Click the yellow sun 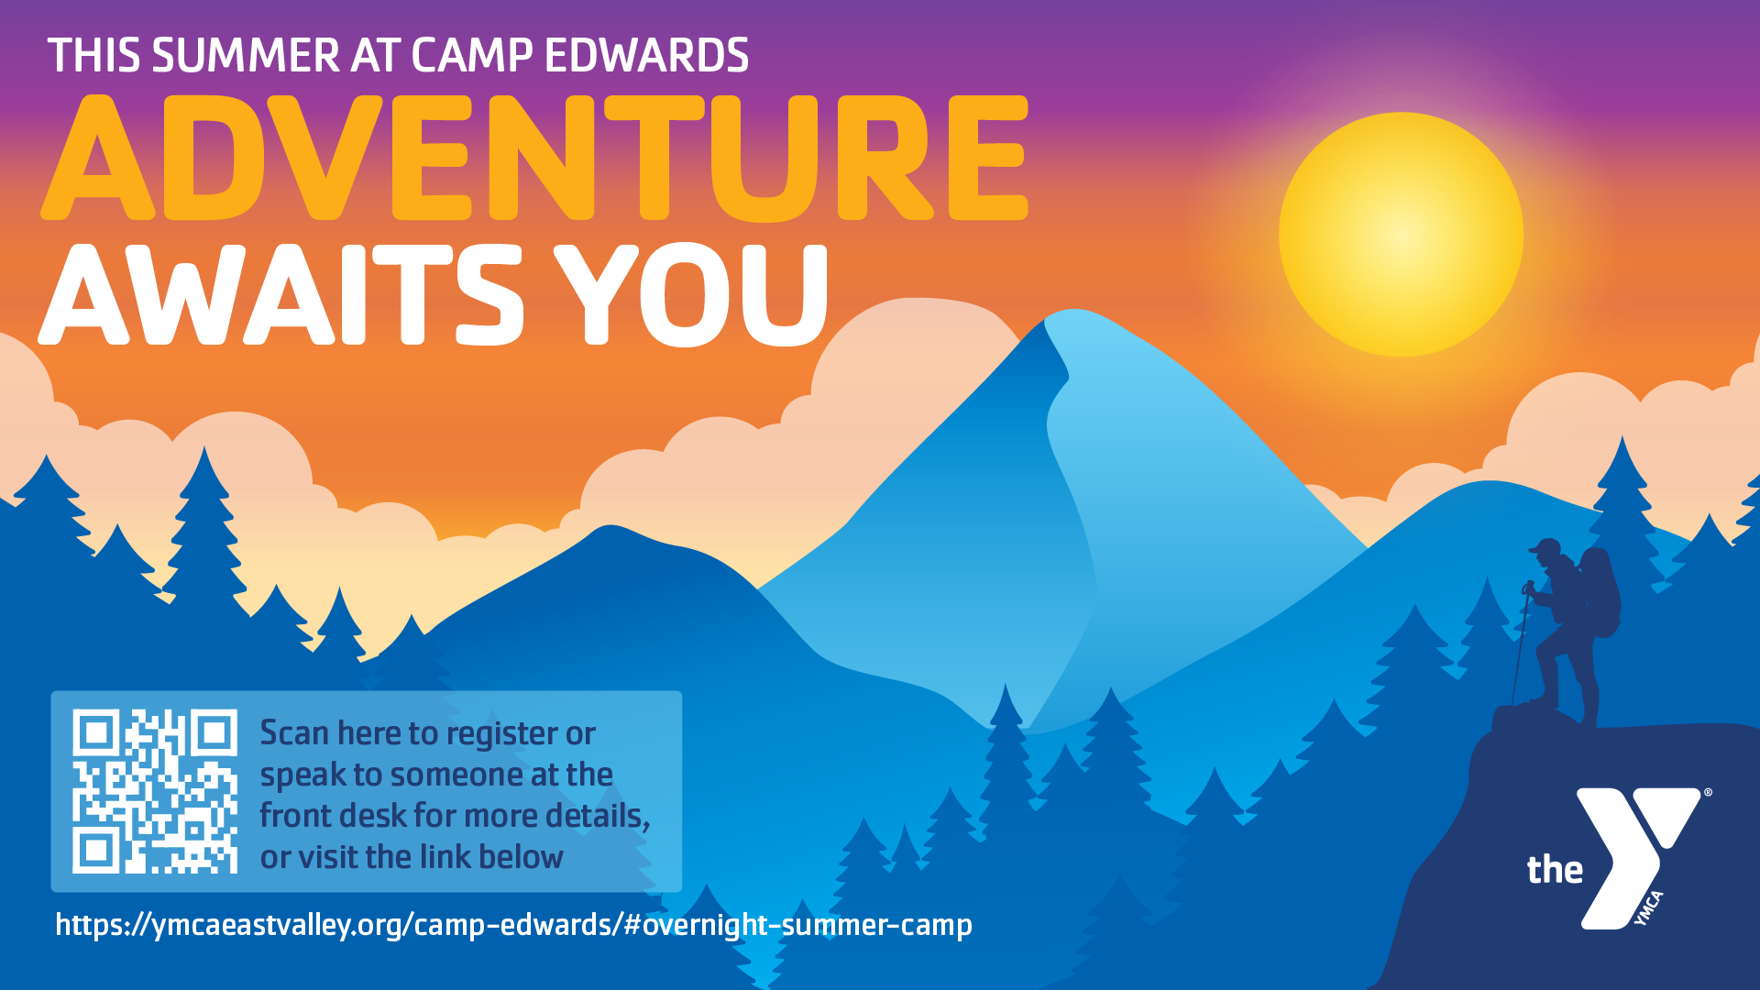[1401, 235]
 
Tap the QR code [155, 791]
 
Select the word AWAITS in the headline [280, 295]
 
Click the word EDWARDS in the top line [646, 56]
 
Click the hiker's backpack [1600, 591]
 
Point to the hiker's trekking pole [1521, 642]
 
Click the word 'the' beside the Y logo [1555, 869]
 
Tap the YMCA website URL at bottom [513, 924]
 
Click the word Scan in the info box [293, 733]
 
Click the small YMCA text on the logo [1649, 908]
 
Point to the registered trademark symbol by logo [1707, 793]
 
